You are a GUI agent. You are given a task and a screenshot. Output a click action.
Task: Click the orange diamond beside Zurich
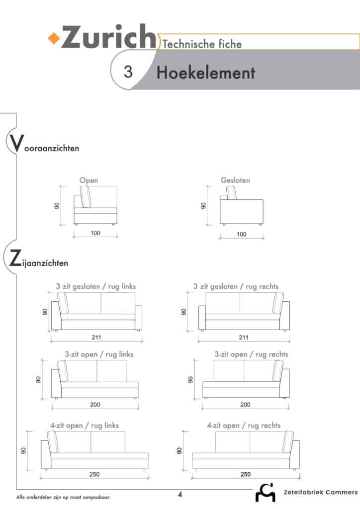tap(54, 38)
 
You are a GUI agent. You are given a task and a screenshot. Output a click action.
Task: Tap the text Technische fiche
tap(202, 44)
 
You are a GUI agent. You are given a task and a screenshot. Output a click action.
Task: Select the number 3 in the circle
tap(128, 72)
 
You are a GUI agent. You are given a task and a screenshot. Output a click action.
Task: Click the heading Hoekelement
tap(206, 73)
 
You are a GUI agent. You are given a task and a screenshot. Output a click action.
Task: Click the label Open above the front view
tap(89, 180)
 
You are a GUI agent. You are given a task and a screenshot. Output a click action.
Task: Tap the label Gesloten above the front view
tap(235, 180)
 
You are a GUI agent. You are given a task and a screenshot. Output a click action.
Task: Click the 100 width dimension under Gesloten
tap(242, 235)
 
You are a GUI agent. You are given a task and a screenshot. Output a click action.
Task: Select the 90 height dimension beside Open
tap(57, 205)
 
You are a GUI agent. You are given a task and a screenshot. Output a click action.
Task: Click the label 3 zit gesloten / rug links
tap(96, 286)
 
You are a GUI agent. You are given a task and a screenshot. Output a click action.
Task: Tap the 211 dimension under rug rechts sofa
tap(244, 338)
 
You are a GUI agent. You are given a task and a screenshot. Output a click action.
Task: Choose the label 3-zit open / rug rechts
tap(251, 354)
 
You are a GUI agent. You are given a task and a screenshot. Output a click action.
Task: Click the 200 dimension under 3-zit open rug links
tap(95, 405)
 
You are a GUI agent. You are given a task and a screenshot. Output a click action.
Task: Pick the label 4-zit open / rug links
tap(85, 425)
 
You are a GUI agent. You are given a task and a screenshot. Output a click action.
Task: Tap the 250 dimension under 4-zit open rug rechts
tap(246, 474)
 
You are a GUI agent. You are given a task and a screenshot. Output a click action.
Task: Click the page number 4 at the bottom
tap(180, 495)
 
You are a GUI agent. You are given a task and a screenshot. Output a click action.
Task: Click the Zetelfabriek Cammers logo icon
tap(266, 493)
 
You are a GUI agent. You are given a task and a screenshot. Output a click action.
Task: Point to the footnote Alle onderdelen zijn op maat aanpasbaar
tap(63, 497)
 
